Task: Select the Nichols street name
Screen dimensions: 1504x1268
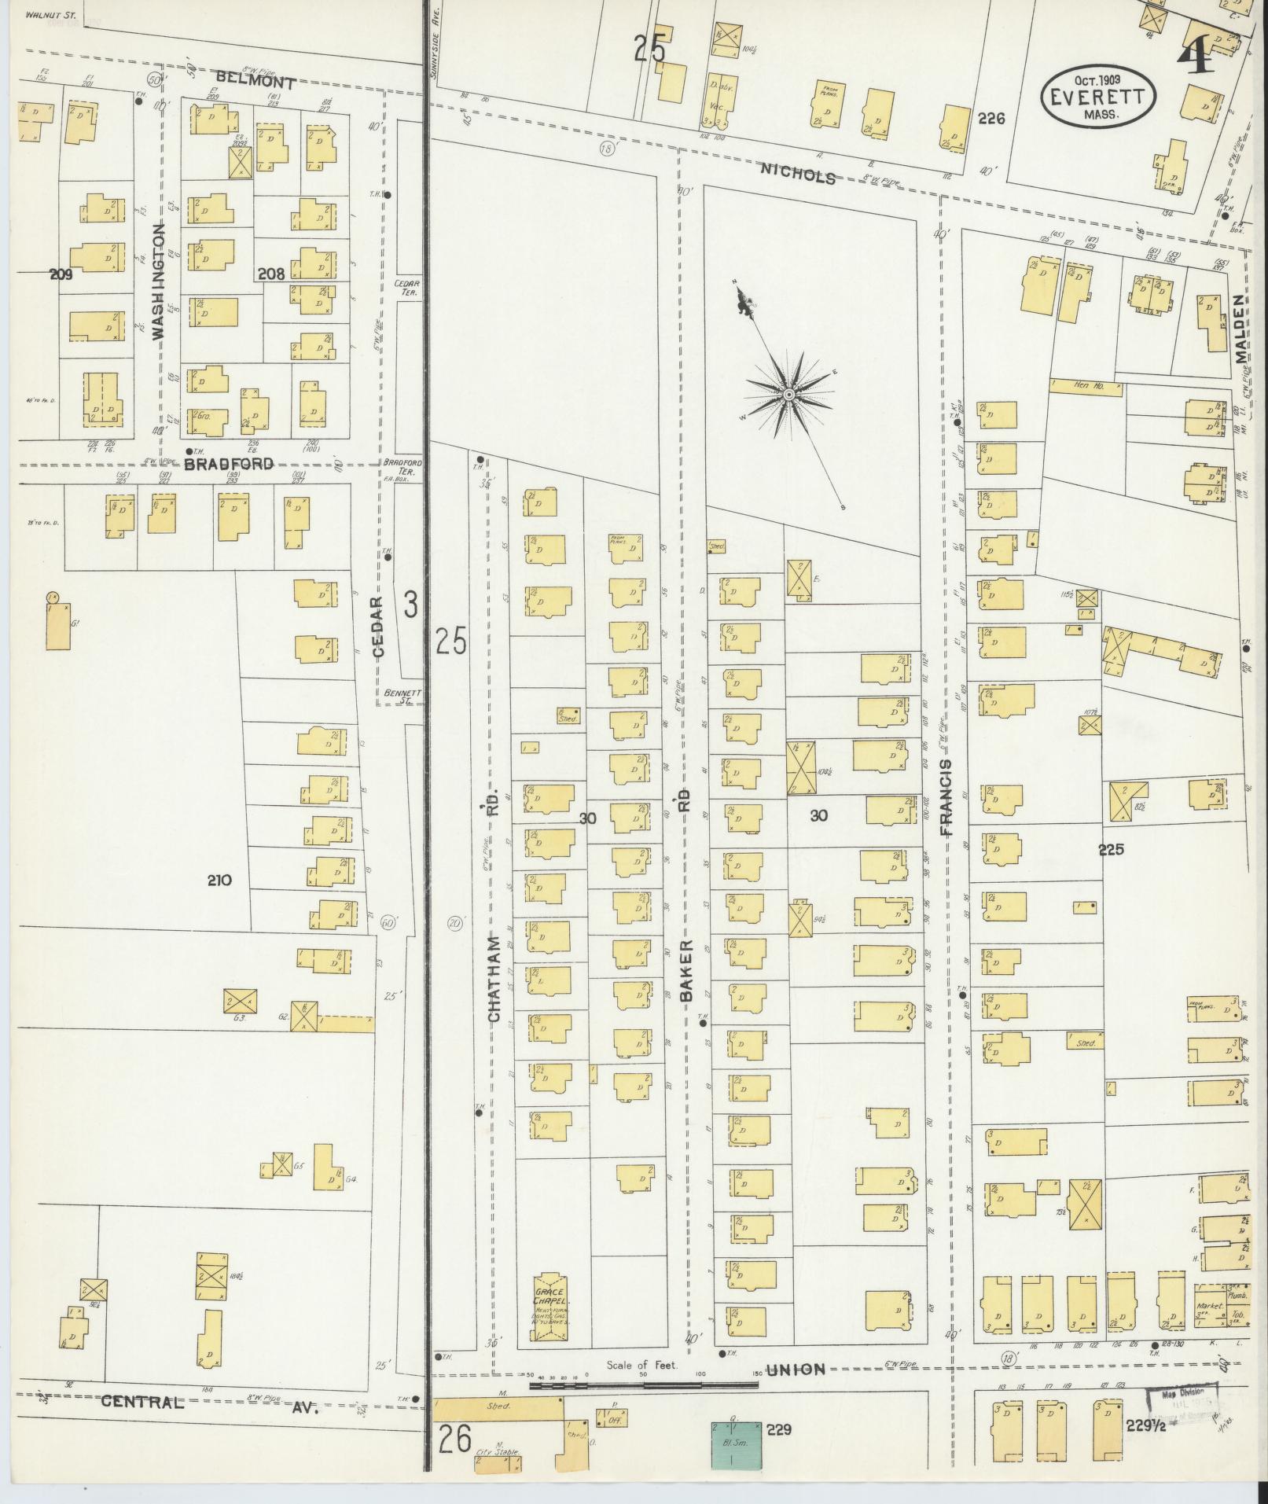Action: [x=797, y=176]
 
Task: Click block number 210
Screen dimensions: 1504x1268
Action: [x=219, y=881]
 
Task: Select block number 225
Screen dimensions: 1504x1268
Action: [x=1112, y=849]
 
